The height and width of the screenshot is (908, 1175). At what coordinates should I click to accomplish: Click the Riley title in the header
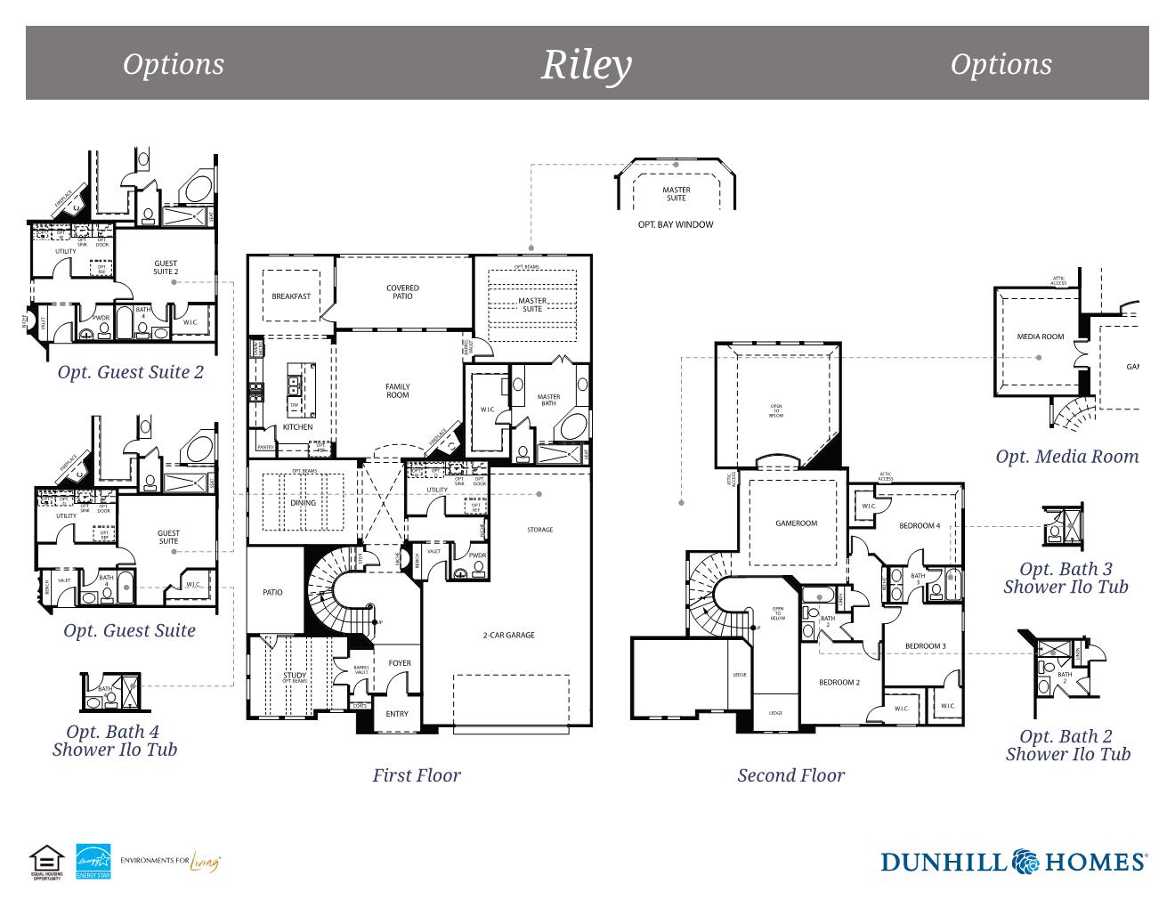587,64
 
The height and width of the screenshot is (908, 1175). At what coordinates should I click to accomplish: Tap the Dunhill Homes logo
1013,861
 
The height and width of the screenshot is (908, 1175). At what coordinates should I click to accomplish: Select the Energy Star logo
93,861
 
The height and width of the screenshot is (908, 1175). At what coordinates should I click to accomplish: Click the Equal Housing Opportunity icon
46,862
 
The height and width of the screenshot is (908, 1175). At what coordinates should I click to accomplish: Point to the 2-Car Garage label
508,635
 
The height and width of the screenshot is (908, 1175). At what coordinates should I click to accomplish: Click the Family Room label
398,391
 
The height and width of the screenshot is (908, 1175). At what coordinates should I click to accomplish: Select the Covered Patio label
402,292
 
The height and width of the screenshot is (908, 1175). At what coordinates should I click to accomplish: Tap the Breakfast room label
291,296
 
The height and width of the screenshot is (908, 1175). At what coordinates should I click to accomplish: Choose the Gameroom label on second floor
796,523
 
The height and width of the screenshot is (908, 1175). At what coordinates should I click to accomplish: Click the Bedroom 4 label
920,525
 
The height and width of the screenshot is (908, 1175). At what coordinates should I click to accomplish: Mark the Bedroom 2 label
839,683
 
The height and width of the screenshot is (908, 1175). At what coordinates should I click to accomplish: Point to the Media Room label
1041,336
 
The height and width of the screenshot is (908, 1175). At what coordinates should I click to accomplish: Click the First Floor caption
417,775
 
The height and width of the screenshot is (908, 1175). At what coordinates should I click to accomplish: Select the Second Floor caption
790,775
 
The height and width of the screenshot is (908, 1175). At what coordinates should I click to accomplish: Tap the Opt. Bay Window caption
676,224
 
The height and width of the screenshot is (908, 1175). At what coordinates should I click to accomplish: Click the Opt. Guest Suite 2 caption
130,372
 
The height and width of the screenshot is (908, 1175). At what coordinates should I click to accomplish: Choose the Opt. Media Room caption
1066,457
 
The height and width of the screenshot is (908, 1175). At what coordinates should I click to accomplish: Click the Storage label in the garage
539,530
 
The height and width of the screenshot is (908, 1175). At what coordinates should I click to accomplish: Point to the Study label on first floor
295,675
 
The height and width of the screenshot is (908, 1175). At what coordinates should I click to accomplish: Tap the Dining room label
303,503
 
